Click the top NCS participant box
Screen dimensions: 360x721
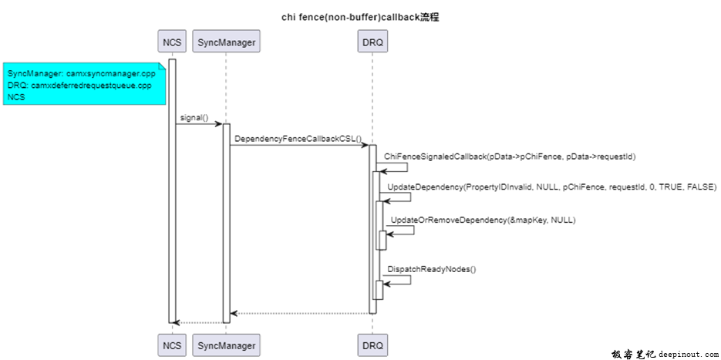tap(172, 42)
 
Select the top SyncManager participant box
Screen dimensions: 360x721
tap(226, 42)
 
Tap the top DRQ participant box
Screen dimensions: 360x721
tap(372, 42)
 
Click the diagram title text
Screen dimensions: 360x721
tap(360, 17)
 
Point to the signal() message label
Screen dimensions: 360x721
tap(194, 118)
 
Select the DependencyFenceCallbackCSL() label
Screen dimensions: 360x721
tap(298, 140)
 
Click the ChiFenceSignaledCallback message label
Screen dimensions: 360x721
tap(509, 156)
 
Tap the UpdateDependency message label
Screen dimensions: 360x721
tap(551, 187)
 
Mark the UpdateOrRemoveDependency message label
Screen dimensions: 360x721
tap(483, 220)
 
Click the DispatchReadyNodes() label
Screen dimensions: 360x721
tap(432, 269)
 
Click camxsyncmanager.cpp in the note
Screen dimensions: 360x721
tap(111, 73)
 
